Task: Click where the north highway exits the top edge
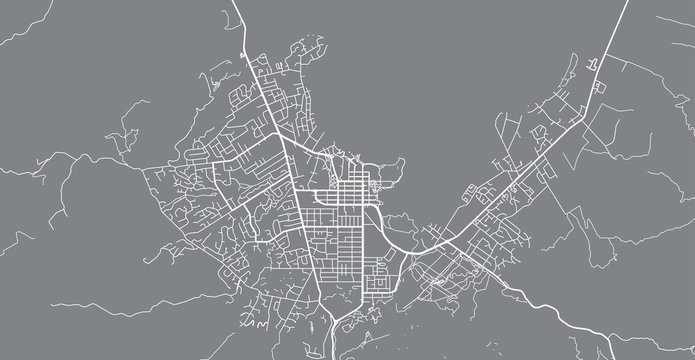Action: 233,3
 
